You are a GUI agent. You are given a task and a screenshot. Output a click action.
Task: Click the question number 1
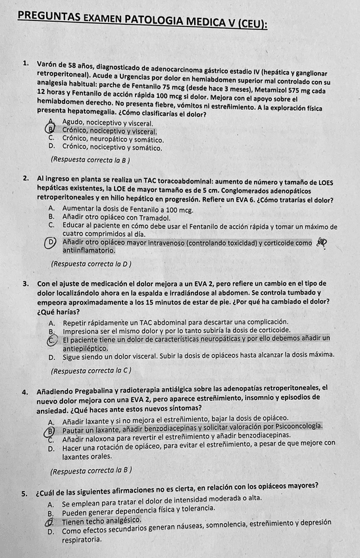pyautogui.click(x=24, y=64)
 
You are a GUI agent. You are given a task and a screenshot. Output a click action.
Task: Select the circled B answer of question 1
pyautogui.click(x=51, y=130)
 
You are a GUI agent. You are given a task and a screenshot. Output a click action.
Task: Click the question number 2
pyautogui.click(x=24, y=179)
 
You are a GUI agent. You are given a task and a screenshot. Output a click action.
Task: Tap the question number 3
pyautogui.click(x=24, y=284)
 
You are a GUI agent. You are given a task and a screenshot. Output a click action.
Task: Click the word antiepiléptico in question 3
pyautogui.click(x=87, y=348)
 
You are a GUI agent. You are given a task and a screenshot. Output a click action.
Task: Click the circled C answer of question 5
pyautogui.click(x=51, y=521)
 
